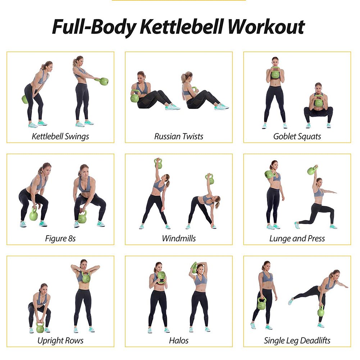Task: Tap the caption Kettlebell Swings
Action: (60, 136)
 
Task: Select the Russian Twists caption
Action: (179, 136)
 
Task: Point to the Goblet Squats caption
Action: (297, 136)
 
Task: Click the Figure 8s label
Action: (60, 238)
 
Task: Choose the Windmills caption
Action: (179, 238)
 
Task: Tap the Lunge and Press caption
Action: (297, 238)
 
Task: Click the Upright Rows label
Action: (60, 340)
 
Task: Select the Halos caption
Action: (179, 340)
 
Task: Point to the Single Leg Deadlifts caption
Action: (297, 340)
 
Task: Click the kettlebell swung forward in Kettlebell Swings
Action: (104, 81)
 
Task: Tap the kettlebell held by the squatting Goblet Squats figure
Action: (319, 102)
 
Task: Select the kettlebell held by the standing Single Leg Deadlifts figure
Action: (261, 304)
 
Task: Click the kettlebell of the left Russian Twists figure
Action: (135, 97)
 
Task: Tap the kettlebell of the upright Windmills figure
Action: (158, 164)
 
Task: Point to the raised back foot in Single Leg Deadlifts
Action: (291, 301)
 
